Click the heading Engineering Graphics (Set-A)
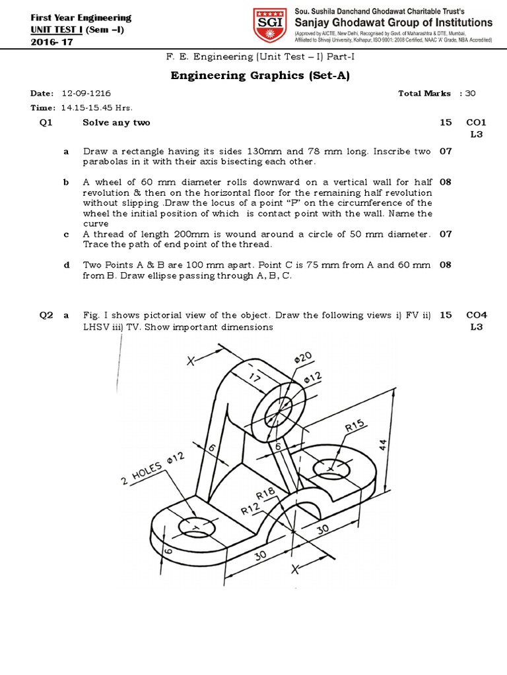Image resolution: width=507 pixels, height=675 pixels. (x=260, y=75)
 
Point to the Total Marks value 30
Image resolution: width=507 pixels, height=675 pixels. (x=470, y=94)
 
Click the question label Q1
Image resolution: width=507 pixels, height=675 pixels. (x=46, y=123)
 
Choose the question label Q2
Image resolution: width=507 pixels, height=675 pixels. (x=46, y=315)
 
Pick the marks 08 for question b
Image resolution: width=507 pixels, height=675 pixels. (x=446, y=182)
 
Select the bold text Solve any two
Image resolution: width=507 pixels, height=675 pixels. (x=116, y=123)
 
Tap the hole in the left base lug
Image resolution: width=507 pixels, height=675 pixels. (x=196, y=527)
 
